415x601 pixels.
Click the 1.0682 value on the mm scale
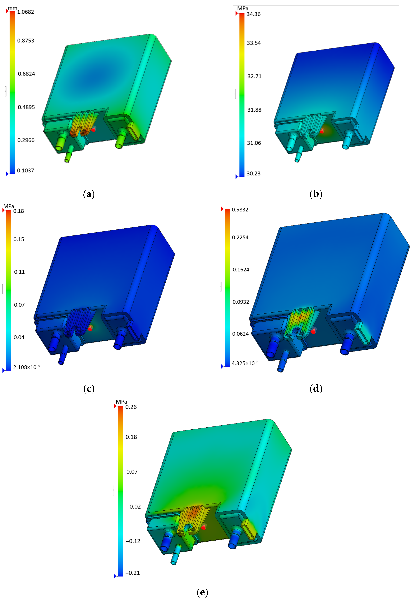pyautogui.click(x=26, y=12)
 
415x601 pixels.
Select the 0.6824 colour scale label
pyautogui.click(x=26, y=74)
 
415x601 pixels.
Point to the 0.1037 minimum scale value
pyautogui.click(x=26, y=171)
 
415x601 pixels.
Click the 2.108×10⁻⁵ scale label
pyautogui.click(x=27, y=367)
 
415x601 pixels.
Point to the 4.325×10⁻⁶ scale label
pyautogui.click(x=245, y=363)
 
